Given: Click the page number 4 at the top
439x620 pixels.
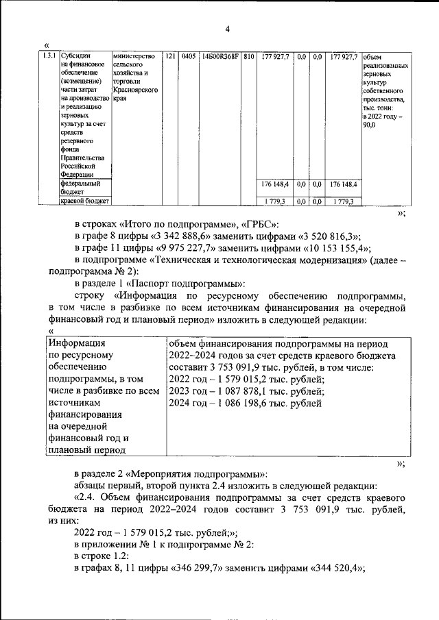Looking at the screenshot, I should point(227,28).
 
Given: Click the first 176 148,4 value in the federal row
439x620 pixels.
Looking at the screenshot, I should point(276,184).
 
